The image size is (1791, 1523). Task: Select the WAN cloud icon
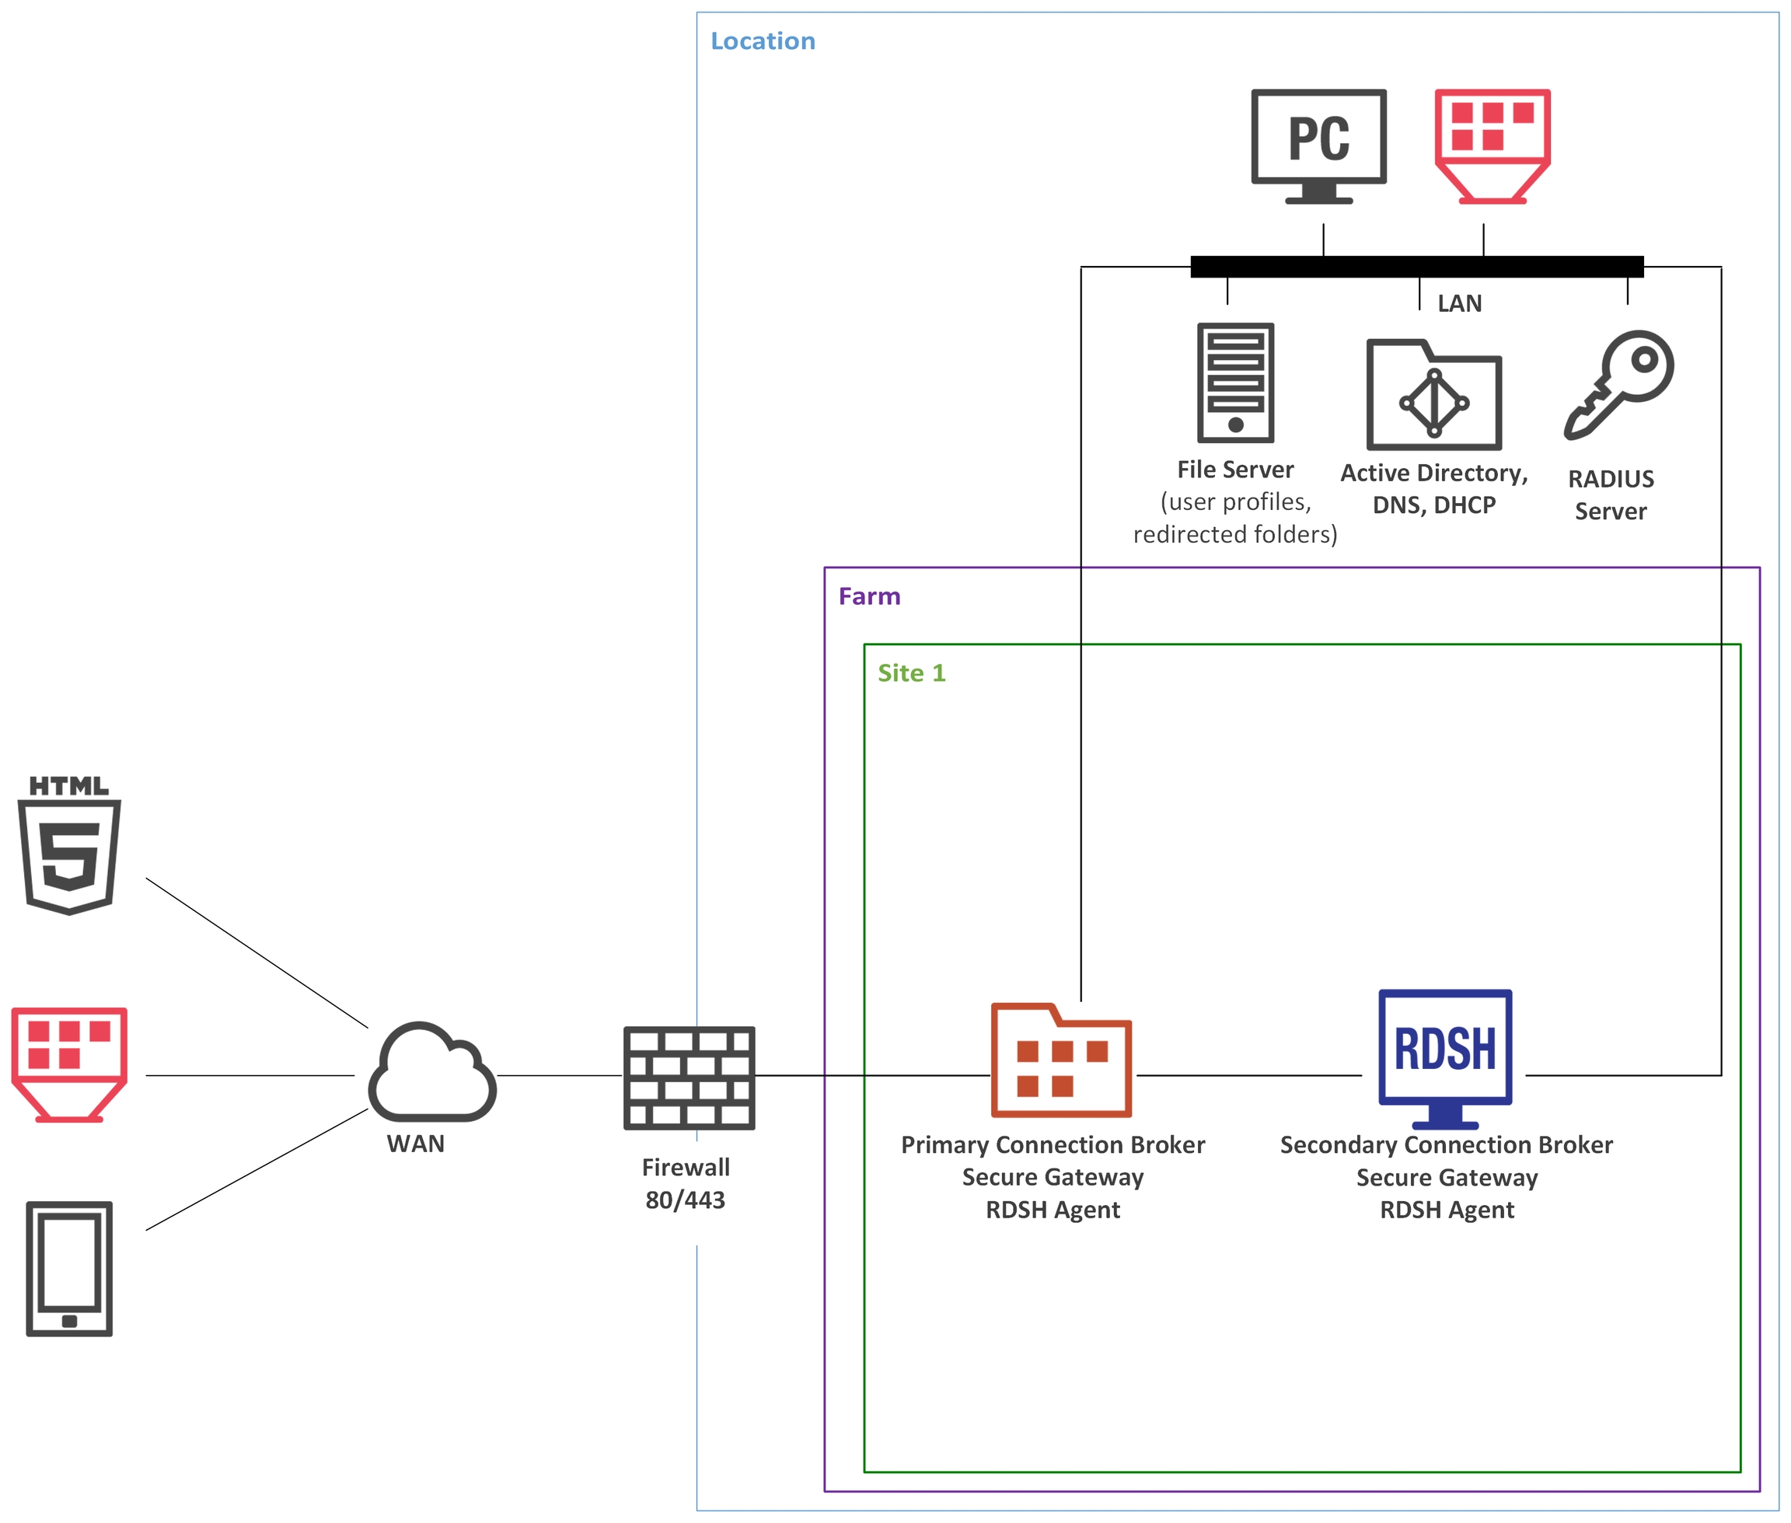[x=431, y=1072]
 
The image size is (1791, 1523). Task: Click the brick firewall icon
[x=689, y=1078]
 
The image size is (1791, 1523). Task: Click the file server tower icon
[x=1235, y=382]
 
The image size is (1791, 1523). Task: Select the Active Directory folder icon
[x=1433, y=396]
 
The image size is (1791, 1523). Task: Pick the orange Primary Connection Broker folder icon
[x=1061, y=1061]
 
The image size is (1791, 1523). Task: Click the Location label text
[x=762, y=40]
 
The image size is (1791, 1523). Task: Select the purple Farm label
[x=869, y=596]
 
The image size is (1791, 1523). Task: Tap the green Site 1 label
[x=912, y=672]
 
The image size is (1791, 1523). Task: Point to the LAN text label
[x=1459, y=303]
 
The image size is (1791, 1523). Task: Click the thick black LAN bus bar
[x=1416, y=267]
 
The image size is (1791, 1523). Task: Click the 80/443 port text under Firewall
[x=686, y=1200]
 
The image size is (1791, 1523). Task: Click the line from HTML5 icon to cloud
[x=257, y=952]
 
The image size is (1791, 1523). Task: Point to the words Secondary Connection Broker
[x=1446, y=1145]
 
